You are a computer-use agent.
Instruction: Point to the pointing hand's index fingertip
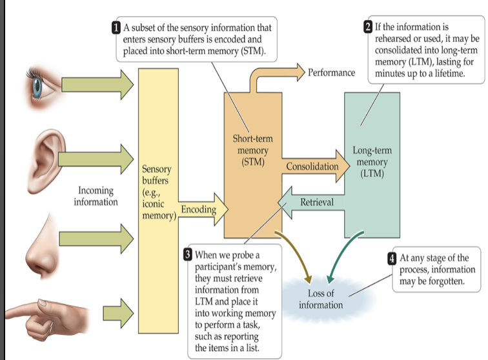[8, 314]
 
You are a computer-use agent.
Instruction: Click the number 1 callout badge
[116, 27]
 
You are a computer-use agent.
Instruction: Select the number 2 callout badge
[368, 27]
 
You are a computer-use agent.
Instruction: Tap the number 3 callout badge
[188, 254]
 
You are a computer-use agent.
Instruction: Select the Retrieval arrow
[312, 202]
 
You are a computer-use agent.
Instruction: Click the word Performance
[331, 72]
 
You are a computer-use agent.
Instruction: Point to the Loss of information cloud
[320, 299]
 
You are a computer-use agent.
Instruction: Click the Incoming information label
[96, 196]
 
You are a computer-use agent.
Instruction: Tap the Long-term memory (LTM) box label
[372, 162]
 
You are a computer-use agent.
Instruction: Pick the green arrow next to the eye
[97, 83]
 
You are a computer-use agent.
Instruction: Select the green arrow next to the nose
[97, 234]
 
